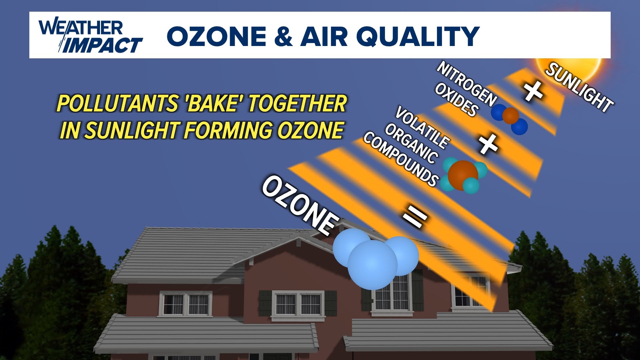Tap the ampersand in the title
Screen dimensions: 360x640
[x=283, y=36]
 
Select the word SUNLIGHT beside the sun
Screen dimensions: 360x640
[x=579, y=87]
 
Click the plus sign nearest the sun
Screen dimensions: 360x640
[x=533, y=91]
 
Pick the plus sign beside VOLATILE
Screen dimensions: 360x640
[x=488, y=144]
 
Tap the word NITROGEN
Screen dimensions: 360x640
[x=467, y=83]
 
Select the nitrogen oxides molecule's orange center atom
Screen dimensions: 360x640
[x=511, y=116]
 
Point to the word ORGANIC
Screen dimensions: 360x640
[x=411, y=144]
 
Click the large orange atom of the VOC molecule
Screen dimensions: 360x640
[x=463, y=175]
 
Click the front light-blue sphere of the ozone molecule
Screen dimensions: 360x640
[x=372, y=265]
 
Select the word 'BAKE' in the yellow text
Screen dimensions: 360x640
[x=213, y=103]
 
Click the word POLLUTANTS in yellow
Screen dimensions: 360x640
[x=117, y=103]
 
